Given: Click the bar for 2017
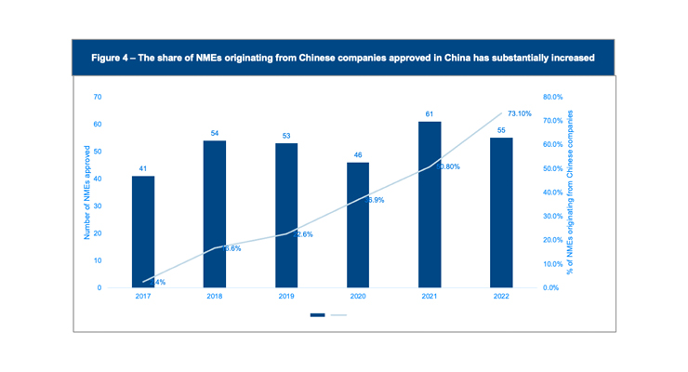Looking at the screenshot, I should (143, 232).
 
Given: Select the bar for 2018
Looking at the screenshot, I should (215, 214).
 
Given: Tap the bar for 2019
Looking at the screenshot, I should (286, 216).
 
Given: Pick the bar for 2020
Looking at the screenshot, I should (358, 225).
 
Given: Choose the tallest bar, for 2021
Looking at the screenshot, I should (430, 205).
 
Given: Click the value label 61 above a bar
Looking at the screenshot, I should (430, 114).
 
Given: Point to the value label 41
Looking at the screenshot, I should (143, 169).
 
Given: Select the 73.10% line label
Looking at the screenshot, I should (520, 113).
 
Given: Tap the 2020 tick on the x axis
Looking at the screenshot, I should (358, 298).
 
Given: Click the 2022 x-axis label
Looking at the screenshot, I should (501, 298).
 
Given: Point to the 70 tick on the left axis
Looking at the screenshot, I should (97, 97).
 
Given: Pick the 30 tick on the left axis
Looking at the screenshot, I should (97, 206).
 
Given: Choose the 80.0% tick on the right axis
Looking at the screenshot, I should (553, 97).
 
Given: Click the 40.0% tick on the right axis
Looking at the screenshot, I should (553, 193).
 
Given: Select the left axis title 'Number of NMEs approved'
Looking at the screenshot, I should (86, 193).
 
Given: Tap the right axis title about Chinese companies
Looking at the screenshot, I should (570, 193).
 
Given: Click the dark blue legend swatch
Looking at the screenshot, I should (318, 315).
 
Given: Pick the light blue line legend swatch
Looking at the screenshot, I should (338, 315).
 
